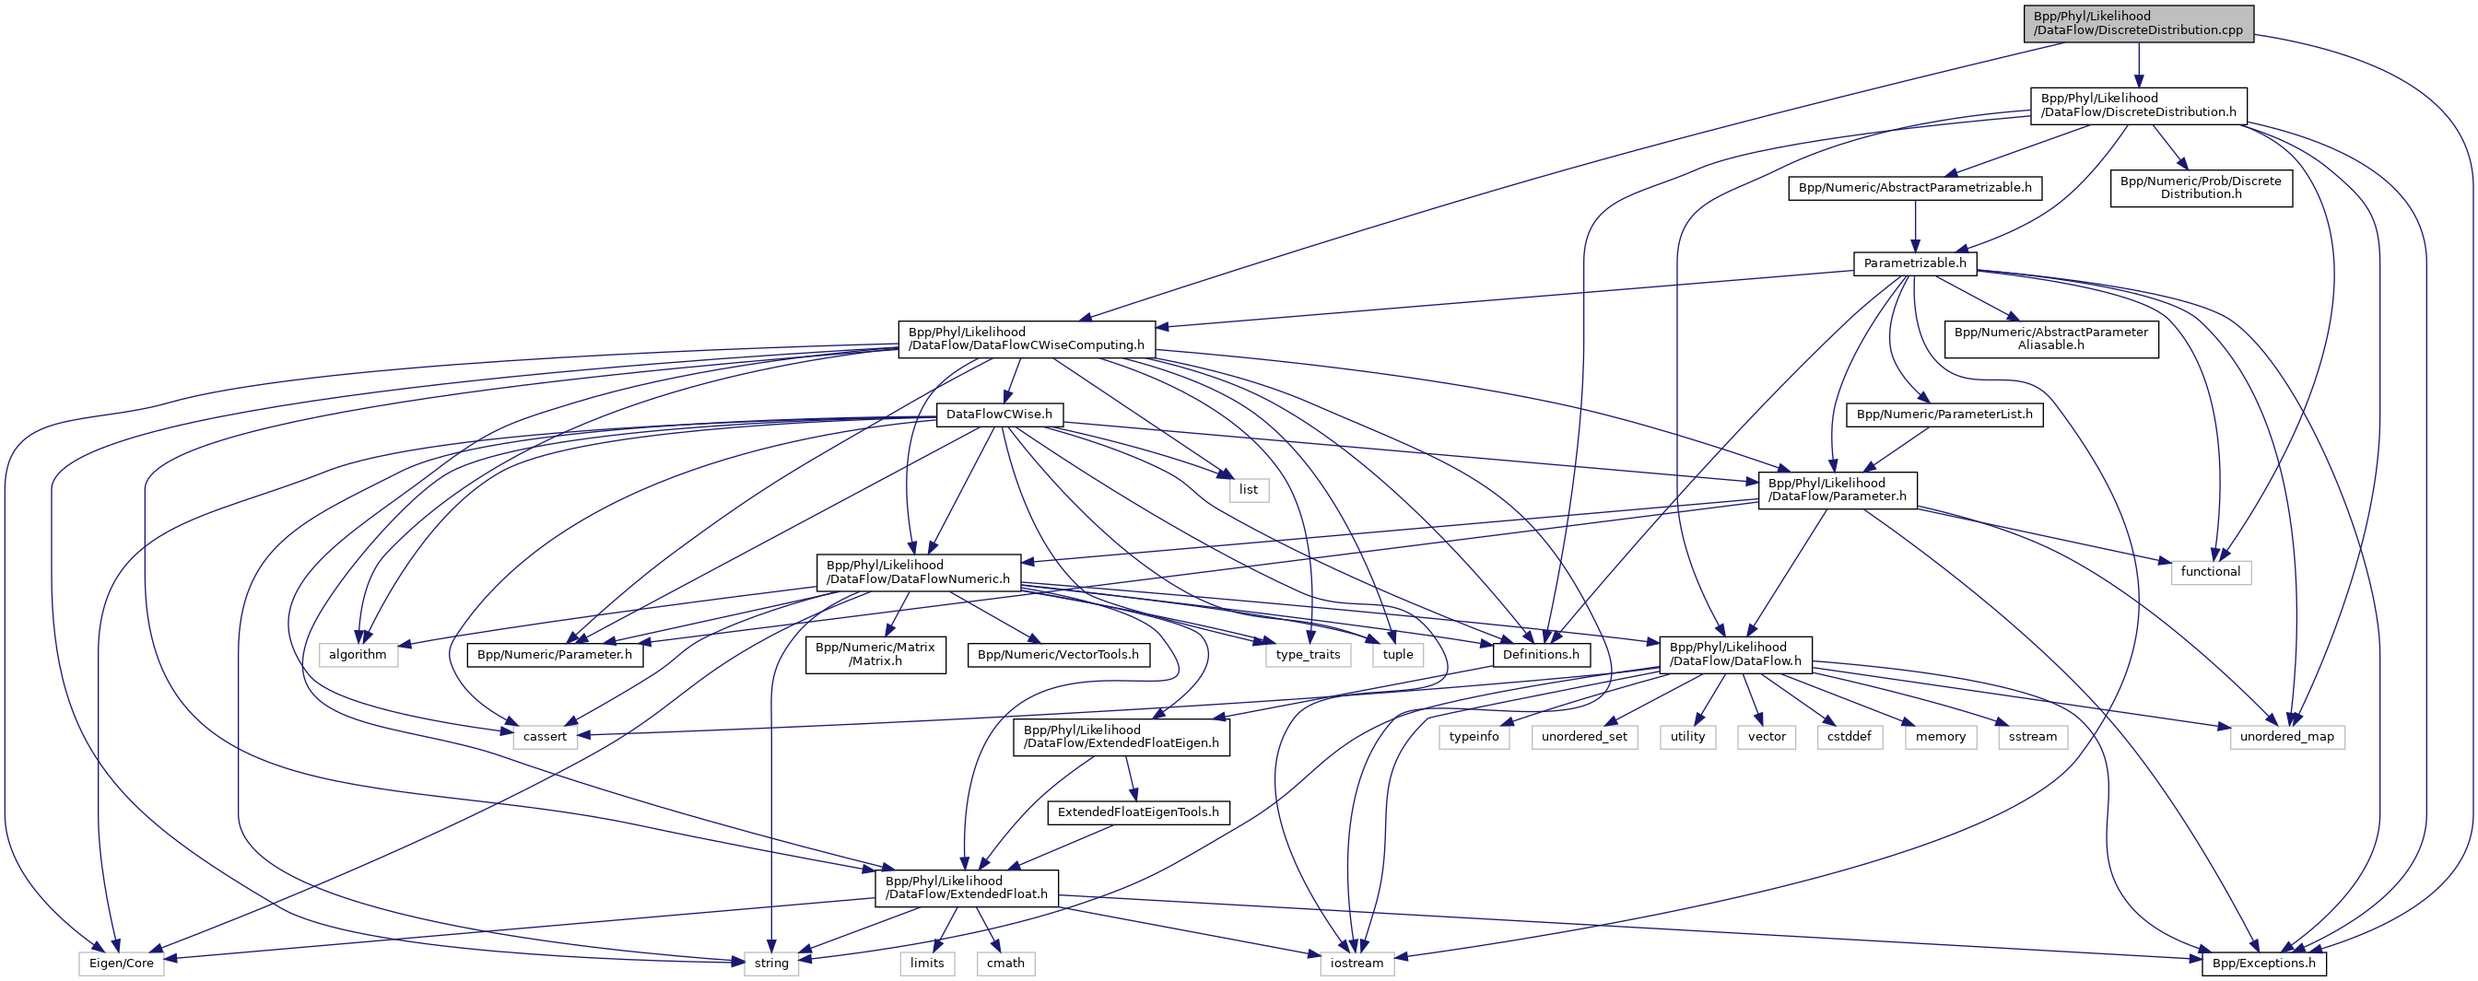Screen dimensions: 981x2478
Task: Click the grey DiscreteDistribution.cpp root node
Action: [x=2137, y=23]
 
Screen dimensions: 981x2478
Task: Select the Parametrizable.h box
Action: [x=1914, y=263]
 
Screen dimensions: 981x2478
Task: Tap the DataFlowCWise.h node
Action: [x=999, y=415]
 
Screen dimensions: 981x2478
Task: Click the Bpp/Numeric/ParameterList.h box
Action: [x=1944, y=415]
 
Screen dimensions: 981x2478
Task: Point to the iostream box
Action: [x=1356, y=963]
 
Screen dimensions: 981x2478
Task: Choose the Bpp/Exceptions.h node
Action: [x=2263, y=963]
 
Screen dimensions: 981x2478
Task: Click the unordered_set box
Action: [x=1583, y=737]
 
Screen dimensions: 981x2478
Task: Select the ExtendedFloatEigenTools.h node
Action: [x=1138, y=812]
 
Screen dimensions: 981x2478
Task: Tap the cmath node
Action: [x=1005, y=963]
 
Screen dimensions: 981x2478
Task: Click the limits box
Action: [x=927, y=963]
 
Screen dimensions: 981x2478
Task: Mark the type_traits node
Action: [x=1308, y=655]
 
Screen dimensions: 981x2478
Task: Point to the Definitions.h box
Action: [x=1540, y=655]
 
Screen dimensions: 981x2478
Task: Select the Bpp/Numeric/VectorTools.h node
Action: [x=1057, y=655]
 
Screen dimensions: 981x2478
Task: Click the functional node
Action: [x=2210, y=572]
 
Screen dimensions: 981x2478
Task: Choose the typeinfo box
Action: [x=1474, y=737]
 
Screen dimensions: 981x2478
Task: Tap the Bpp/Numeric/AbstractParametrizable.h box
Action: [x=1914, y=188]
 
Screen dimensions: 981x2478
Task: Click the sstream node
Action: [x=2032, y=737]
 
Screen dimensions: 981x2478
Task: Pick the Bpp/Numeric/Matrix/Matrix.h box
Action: [x=875, y=654]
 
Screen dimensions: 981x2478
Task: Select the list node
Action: [x=1248, y=489]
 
